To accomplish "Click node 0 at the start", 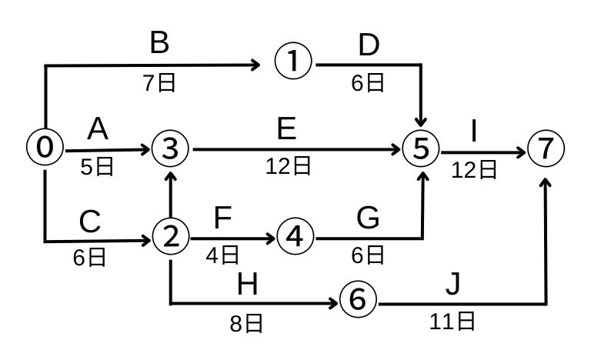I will [x=45, y=147].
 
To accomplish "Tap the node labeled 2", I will [x=171, y=238].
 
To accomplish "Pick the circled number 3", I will [x=171, y=148].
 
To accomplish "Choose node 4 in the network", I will [x=295, y=238].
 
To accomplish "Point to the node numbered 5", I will [x=420, y=148].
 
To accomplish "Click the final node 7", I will [x=546, y=148].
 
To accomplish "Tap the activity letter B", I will [x=159, y=44].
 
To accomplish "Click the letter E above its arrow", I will [x=286, y=129].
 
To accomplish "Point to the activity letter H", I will [x=247, y=285].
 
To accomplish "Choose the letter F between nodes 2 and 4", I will [x=222, y=219].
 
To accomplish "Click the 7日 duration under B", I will [x=159, y=83].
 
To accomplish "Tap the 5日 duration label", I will [x=98, y=166].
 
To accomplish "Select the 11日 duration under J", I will [x=452, y=322].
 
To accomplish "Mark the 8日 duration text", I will [x=246, y=324].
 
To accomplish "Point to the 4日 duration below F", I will [x=222, y=255].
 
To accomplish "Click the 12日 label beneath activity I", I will [x=474, y=169].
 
